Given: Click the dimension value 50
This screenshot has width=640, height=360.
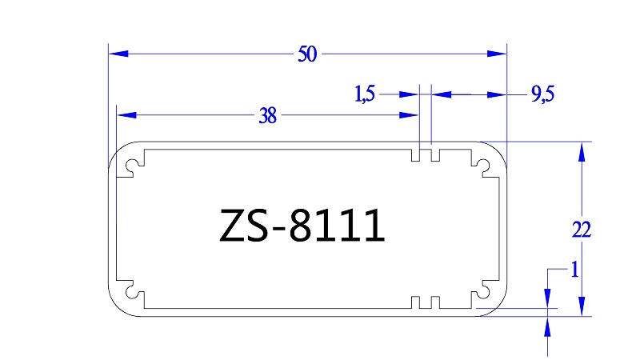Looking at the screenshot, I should point(307,54).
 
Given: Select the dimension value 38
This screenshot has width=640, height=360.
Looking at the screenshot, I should point(267,116).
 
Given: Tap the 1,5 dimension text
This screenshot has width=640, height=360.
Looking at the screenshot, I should point(364,95).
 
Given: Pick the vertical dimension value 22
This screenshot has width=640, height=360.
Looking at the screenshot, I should point(582,230).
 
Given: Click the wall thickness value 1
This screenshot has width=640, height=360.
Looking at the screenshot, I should point(573,270).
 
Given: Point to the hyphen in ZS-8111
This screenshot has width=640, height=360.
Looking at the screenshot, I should point(286,230).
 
